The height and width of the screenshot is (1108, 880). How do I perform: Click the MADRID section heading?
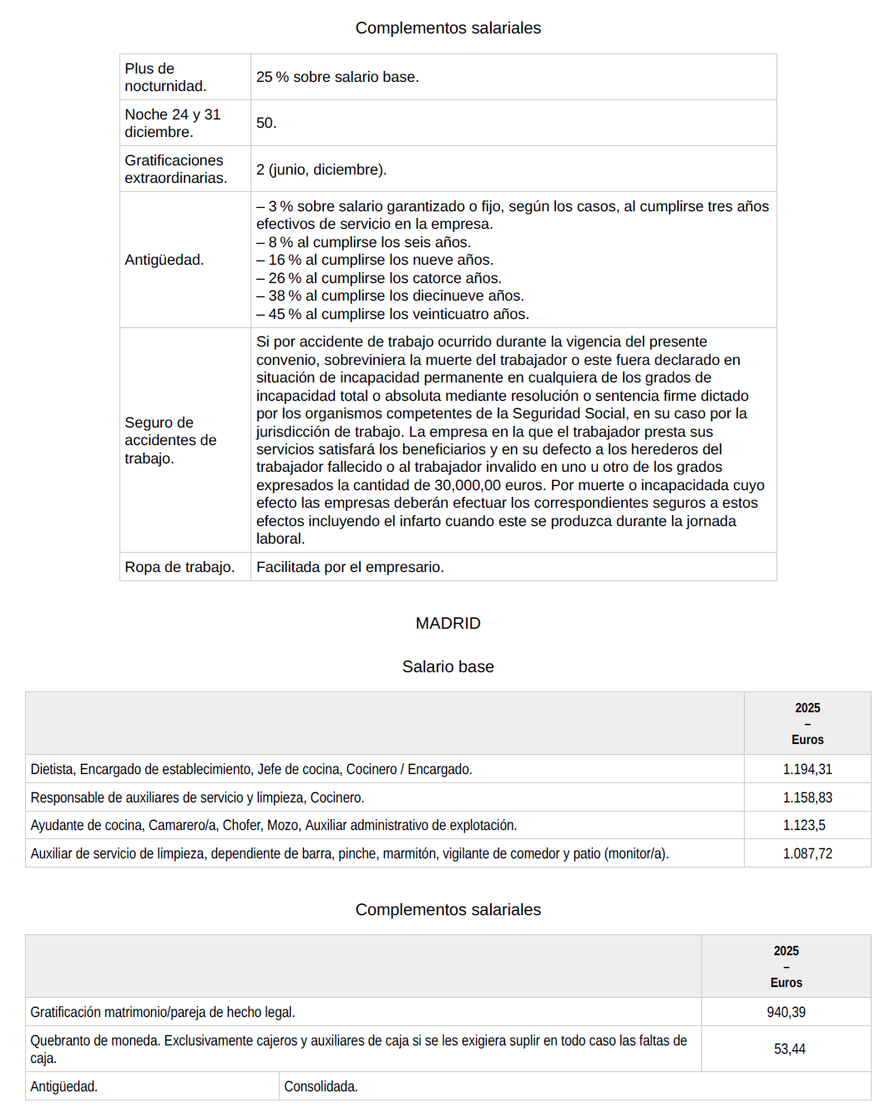(x=448, y=623)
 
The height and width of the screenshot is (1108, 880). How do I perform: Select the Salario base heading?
(x=448, y=666)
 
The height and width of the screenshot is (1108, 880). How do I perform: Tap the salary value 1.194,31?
(x=807, y=769)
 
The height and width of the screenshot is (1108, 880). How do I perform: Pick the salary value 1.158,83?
(x=807, y=797)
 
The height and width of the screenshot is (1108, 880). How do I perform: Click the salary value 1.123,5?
(x=803, y=825)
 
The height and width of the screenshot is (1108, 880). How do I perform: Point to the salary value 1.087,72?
(x=807, y=853)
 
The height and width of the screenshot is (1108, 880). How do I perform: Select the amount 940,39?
(x=786, y=1012)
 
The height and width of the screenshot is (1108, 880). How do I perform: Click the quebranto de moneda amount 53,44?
(x=789, y=1049)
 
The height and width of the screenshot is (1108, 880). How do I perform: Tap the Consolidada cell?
(x=321, y=1086)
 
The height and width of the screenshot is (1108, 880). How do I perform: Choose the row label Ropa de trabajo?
(x=180, y=567)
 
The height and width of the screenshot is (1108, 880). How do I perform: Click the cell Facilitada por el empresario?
(x=350, y=567)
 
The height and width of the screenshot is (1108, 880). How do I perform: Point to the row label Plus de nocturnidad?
(x=165, y=77)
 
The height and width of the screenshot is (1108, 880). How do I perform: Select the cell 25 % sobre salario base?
(x=337, y=77)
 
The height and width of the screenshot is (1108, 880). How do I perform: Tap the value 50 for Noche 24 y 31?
(x=266, y=123)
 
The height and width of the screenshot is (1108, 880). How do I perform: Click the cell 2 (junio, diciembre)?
(x=321, y=169)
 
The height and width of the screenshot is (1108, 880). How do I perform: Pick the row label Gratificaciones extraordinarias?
(x=175, y=169)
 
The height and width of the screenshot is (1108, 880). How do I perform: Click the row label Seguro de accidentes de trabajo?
(x=170, y=440)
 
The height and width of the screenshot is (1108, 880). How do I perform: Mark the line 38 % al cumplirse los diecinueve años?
(x=390, y=296)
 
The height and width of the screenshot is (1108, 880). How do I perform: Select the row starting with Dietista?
(x=251, y=769)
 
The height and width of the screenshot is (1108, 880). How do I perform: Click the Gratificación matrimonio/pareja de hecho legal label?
(x=163, y=1012)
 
